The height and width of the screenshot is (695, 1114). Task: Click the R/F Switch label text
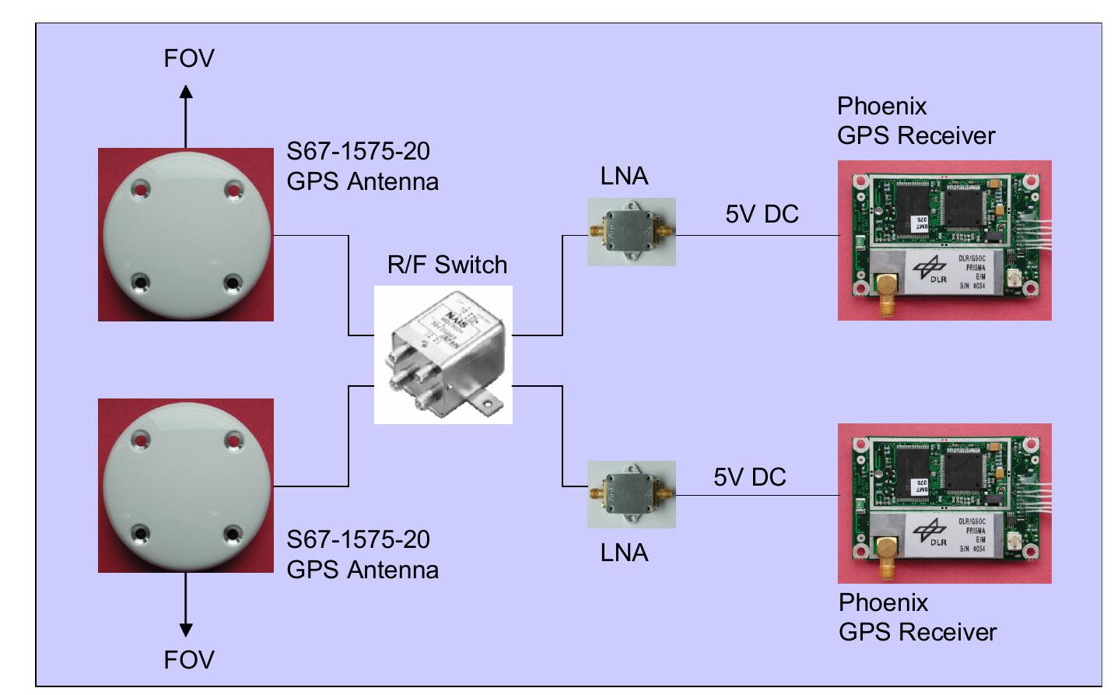[x=447, y=265]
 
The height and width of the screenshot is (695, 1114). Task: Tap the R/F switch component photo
[x=443, y=355]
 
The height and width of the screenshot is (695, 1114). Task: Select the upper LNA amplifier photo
[x=631, y=232]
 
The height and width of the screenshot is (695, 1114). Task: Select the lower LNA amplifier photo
[x=631, y=494]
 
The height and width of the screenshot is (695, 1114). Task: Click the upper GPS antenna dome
[x=186, y=234]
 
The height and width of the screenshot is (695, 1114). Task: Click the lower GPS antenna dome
[x=186, y=486]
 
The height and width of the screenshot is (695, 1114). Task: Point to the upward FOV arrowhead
[x=186, y=92]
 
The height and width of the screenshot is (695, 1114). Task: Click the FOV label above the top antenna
[x=188, y=58]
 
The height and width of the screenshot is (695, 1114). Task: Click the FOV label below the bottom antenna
[x=188, y=660]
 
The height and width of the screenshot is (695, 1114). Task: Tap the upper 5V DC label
[x=762, y=214]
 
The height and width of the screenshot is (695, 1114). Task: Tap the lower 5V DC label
[x=750, y=477]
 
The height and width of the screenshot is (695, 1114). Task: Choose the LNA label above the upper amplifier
[x=624, y=176]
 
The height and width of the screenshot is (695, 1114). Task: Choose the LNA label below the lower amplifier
[x=624, y=553]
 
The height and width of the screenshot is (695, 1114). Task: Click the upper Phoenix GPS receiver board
[x=944, y=240]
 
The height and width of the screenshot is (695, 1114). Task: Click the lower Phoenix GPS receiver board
[x=944, y=503]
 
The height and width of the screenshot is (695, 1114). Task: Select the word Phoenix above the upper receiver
[x=881, y=106]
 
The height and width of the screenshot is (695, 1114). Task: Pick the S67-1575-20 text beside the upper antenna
[x=358, y=151]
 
